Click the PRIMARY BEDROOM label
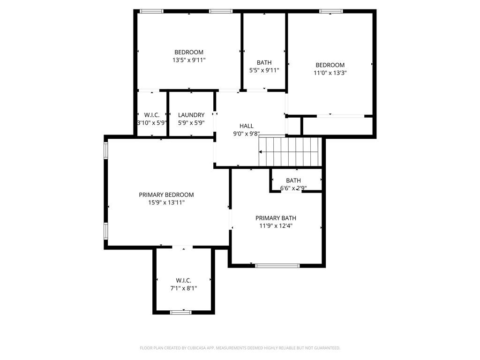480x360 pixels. coord(166,195)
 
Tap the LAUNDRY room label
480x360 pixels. coord(191,115)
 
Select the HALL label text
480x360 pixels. coord(247,126)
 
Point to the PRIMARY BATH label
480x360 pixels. coord(276,218)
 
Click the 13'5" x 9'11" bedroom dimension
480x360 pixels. coord(189,60)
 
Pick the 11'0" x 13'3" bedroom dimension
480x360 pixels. coord(330,73)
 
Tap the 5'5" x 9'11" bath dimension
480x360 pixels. coord(264,70)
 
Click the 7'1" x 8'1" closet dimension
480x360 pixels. coord(184,288)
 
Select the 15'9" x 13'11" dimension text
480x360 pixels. coord(166,202)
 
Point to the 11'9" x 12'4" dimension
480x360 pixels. coord(276,226)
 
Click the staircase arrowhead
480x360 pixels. coord(261,152)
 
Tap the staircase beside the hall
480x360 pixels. coord(290,151)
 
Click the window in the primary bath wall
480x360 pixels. coord(277,265)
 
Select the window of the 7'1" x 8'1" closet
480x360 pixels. coord(180,312)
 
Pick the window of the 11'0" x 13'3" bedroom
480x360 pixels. coord(330,11)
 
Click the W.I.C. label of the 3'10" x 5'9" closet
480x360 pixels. coord(152,115)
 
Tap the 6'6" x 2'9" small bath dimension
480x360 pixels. coord(293,188)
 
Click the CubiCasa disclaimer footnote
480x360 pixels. coord(240,348)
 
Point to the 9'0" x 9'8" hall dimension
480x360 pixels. coord(247,134)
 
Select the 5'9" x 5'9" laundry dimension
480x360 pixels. coord(191,123)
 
